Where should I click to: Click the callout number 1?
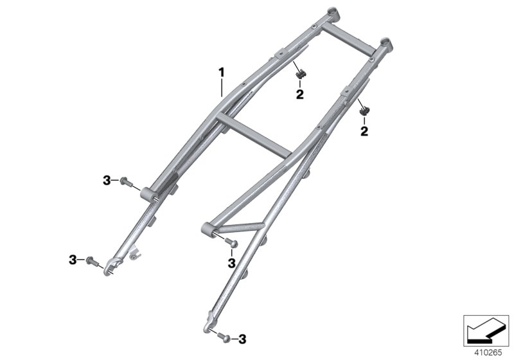(222, 73)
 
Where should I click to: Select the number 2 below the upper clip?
(299, 94)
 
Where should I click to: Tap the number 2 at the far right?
(364, 131)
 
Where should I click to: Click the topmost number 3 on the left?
(107, 181)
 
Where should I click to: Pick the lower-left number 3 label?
(73, 259)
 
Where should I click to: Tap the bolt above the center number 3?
(231, 242)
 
